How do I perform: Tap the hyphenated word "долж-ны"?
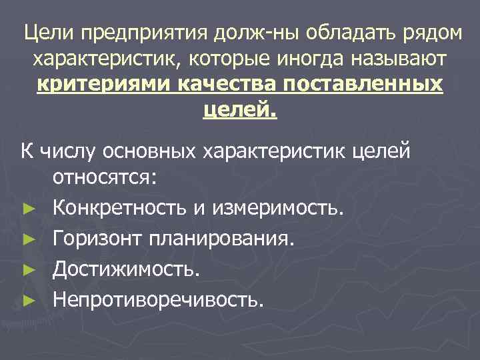coord(243,33)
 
